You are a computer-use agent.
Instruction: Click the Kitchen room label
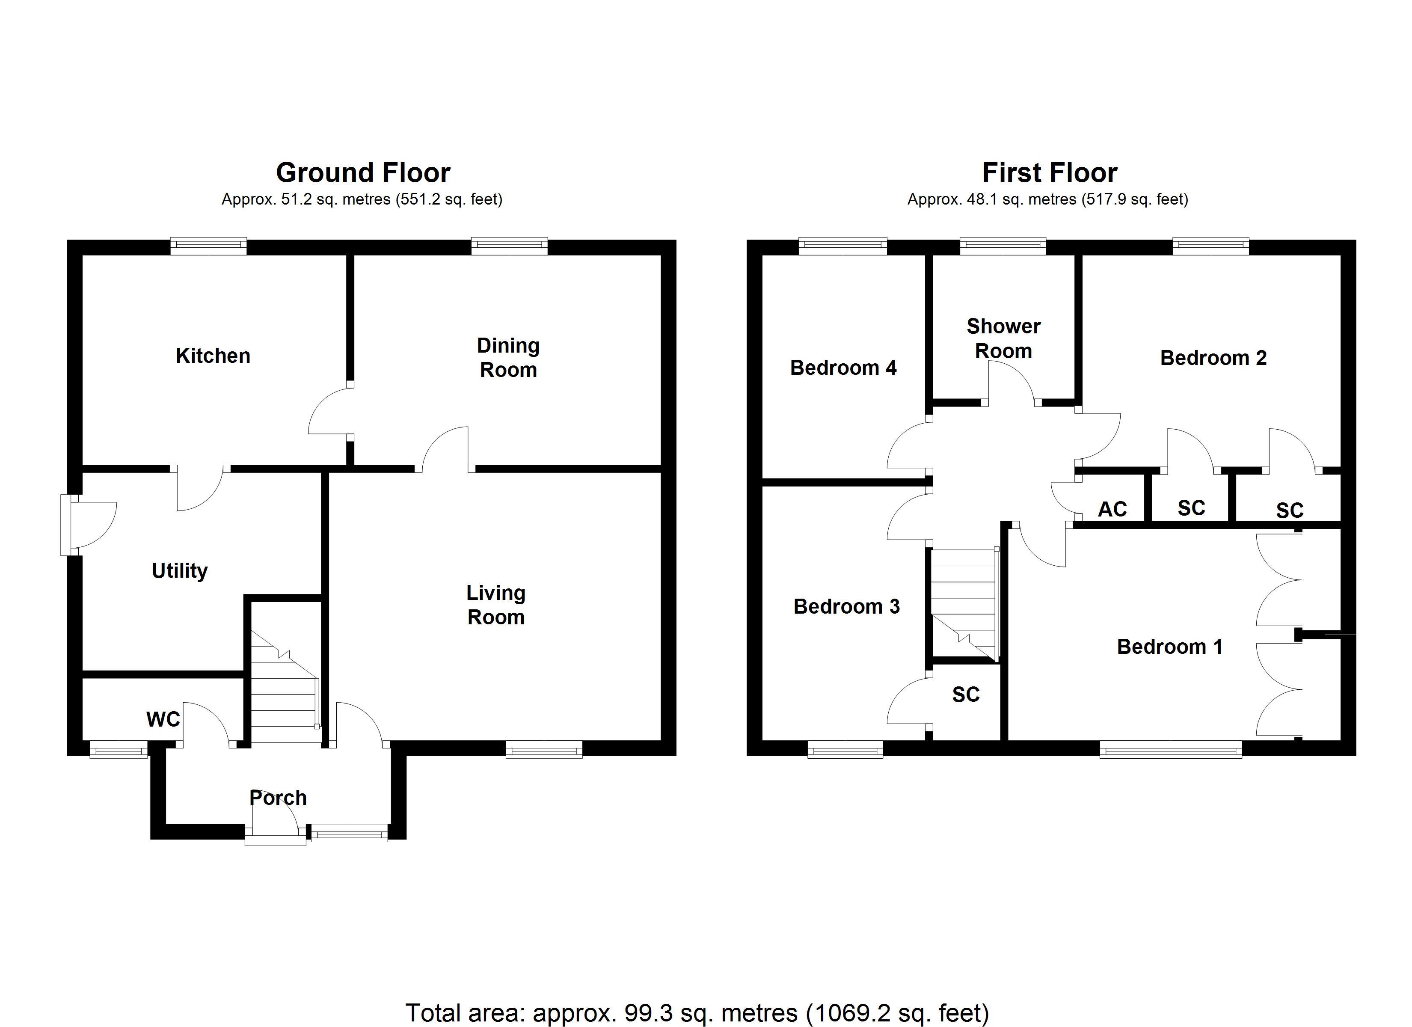click(213, 356)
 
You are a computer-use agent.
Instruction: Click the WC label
click(163, 719)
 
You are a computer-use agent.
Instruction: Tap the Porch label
click(278, 798)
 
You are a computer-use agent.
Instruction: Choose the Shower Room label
click(1003, 338)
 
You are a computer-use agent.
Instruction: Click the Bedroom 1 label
click(1170, 647)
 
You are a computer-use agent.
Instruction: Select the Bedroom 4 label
click(843, 368)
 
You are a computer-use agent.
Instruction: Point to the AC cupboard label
click(1112, 509)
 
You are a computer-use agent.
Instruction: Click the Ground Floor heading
click(363, 172)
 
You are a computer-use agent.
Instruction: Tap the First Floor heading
click(1050, 172)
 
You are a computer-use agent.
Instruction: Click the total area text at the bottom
click(697, 1013)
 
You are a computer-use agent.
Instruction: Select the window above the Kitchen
click(208, 246)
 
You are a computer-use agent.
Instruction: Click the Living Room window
click(543, 749)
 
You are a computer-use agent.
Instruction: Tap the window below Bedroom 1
click(1170, 749)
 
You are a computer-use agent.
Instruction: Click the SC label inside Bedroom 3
click(966, 695)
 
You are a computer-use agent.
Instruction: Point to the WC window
click(118, 749)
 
